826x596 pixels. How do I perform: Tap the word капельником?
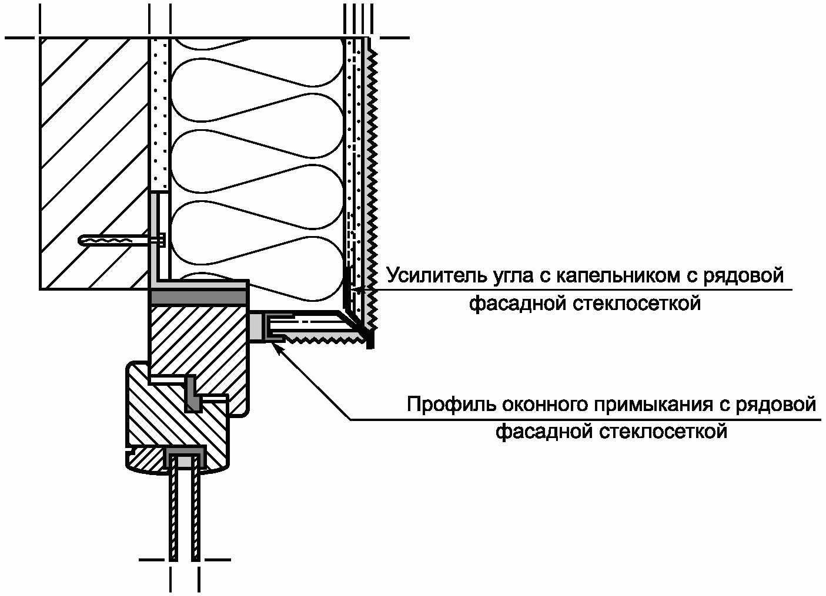pos(614,275)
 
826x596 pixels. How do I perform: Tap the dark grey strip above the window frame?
pos(198,298)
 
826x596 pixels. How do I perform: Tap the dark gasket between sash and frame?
pos(193,394)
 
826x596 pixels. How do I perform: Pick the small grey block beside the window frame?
pos(256,326)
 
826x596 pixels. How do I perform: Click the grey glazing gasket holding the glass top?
pos(185,459)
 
